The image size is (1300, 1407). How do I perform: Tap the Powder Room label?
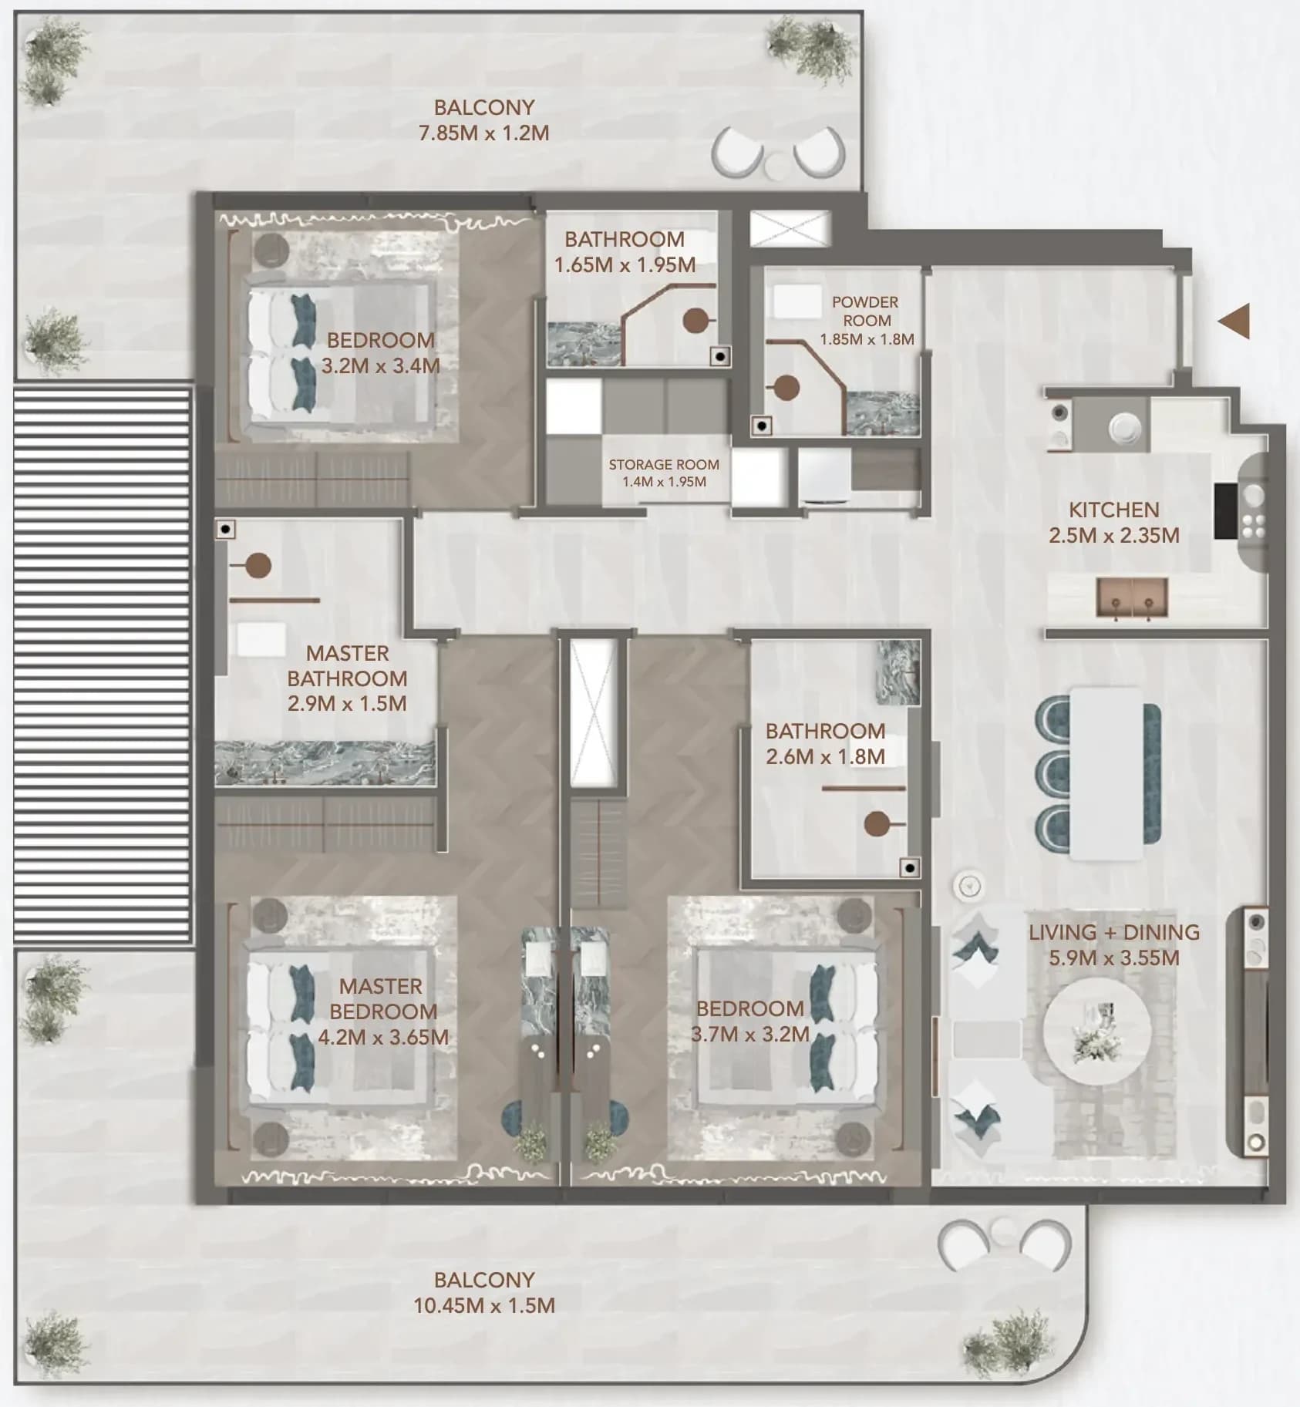pyautogui.click(x=865, y=311)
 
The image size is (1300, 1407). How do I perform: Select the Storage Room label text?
pyautogui.click(x=664, y=465)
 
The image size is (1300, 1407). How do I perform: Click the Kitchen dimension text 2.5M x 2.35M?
pyautogui.click(x=1113, y=535)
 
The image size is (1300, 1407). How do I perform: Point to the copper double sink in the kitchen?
pyautogui.click(x=1132, y=597)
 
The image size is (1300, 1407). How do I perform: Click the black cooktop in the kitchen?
pyautogui.click(x=1226, y=510)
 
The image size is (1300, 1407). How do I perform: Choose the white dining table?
pyautogui.click(x=1106, y=773)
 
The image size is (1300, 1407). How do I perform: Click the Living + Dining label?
pyautogui.click(x=1113, y=932)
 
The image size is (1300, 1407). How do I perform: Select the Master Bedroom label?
pyautogui.click(x=382, y=998)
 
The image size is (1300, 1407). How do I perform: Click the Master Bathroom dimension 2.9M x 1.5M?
pyautogui.click(x=347, y=703)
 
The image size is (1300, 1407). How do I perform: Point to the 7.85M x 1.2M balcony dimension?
pyautogui.click(x=483, y=133)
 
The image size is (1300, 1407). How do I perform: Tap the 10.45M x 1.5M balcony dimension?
pyautogui.click(x=483, y=1305)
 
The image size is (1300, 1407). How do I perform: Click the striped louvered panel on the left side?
pyautogui.click(x=102, y=665)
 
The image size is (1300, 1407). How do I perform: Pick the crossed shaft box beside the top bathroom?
pyautogui.click(x=790, y=228)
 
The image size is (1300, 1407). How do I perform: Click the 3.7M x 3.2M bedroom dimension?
pyautogui.click(x=749, y=1034)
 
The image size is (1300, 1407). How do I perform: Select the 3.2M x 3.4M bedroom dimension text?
pyautogui.click(x=380, y=365)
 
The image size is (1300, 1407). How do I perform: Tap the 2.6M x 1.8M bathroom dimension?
pyautogui.click(x=825, y=756)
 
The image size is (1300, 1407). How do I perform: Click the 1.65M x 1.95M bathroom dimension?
pyautogui.click(x=625, y=264)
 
